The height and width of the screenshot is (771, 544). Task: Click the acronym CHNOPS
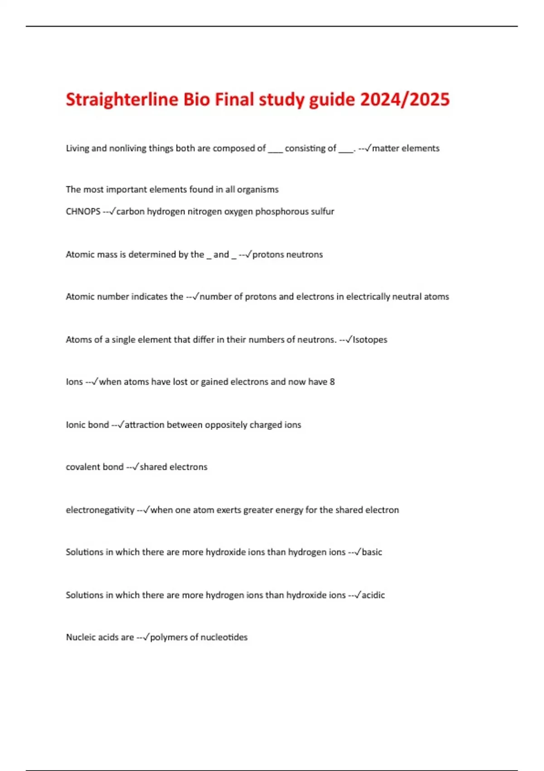[83, 211]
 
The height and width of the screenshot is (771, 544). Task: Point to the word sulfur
[322, 211]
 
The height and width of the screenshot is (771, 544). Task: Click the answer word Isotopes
[370, 340]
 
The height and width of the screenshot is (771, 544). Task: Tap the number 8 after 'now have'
[332, 382]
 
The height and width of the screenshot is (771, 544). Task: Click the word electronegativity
[100, 510]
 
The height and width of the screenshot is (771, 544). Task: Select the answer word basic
[372, 552]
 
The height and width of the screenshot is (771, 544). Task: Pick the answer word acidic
[373, 595]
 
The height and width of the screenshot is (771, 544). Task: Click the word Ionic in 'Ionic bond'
[75, 425]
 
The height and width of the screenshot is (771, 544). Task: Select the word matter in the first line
[385, 148]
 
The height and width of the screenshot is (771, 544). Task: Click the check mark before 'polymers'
[146, 637]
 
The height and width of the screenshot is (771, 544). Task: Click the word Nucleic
[80, 637]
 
